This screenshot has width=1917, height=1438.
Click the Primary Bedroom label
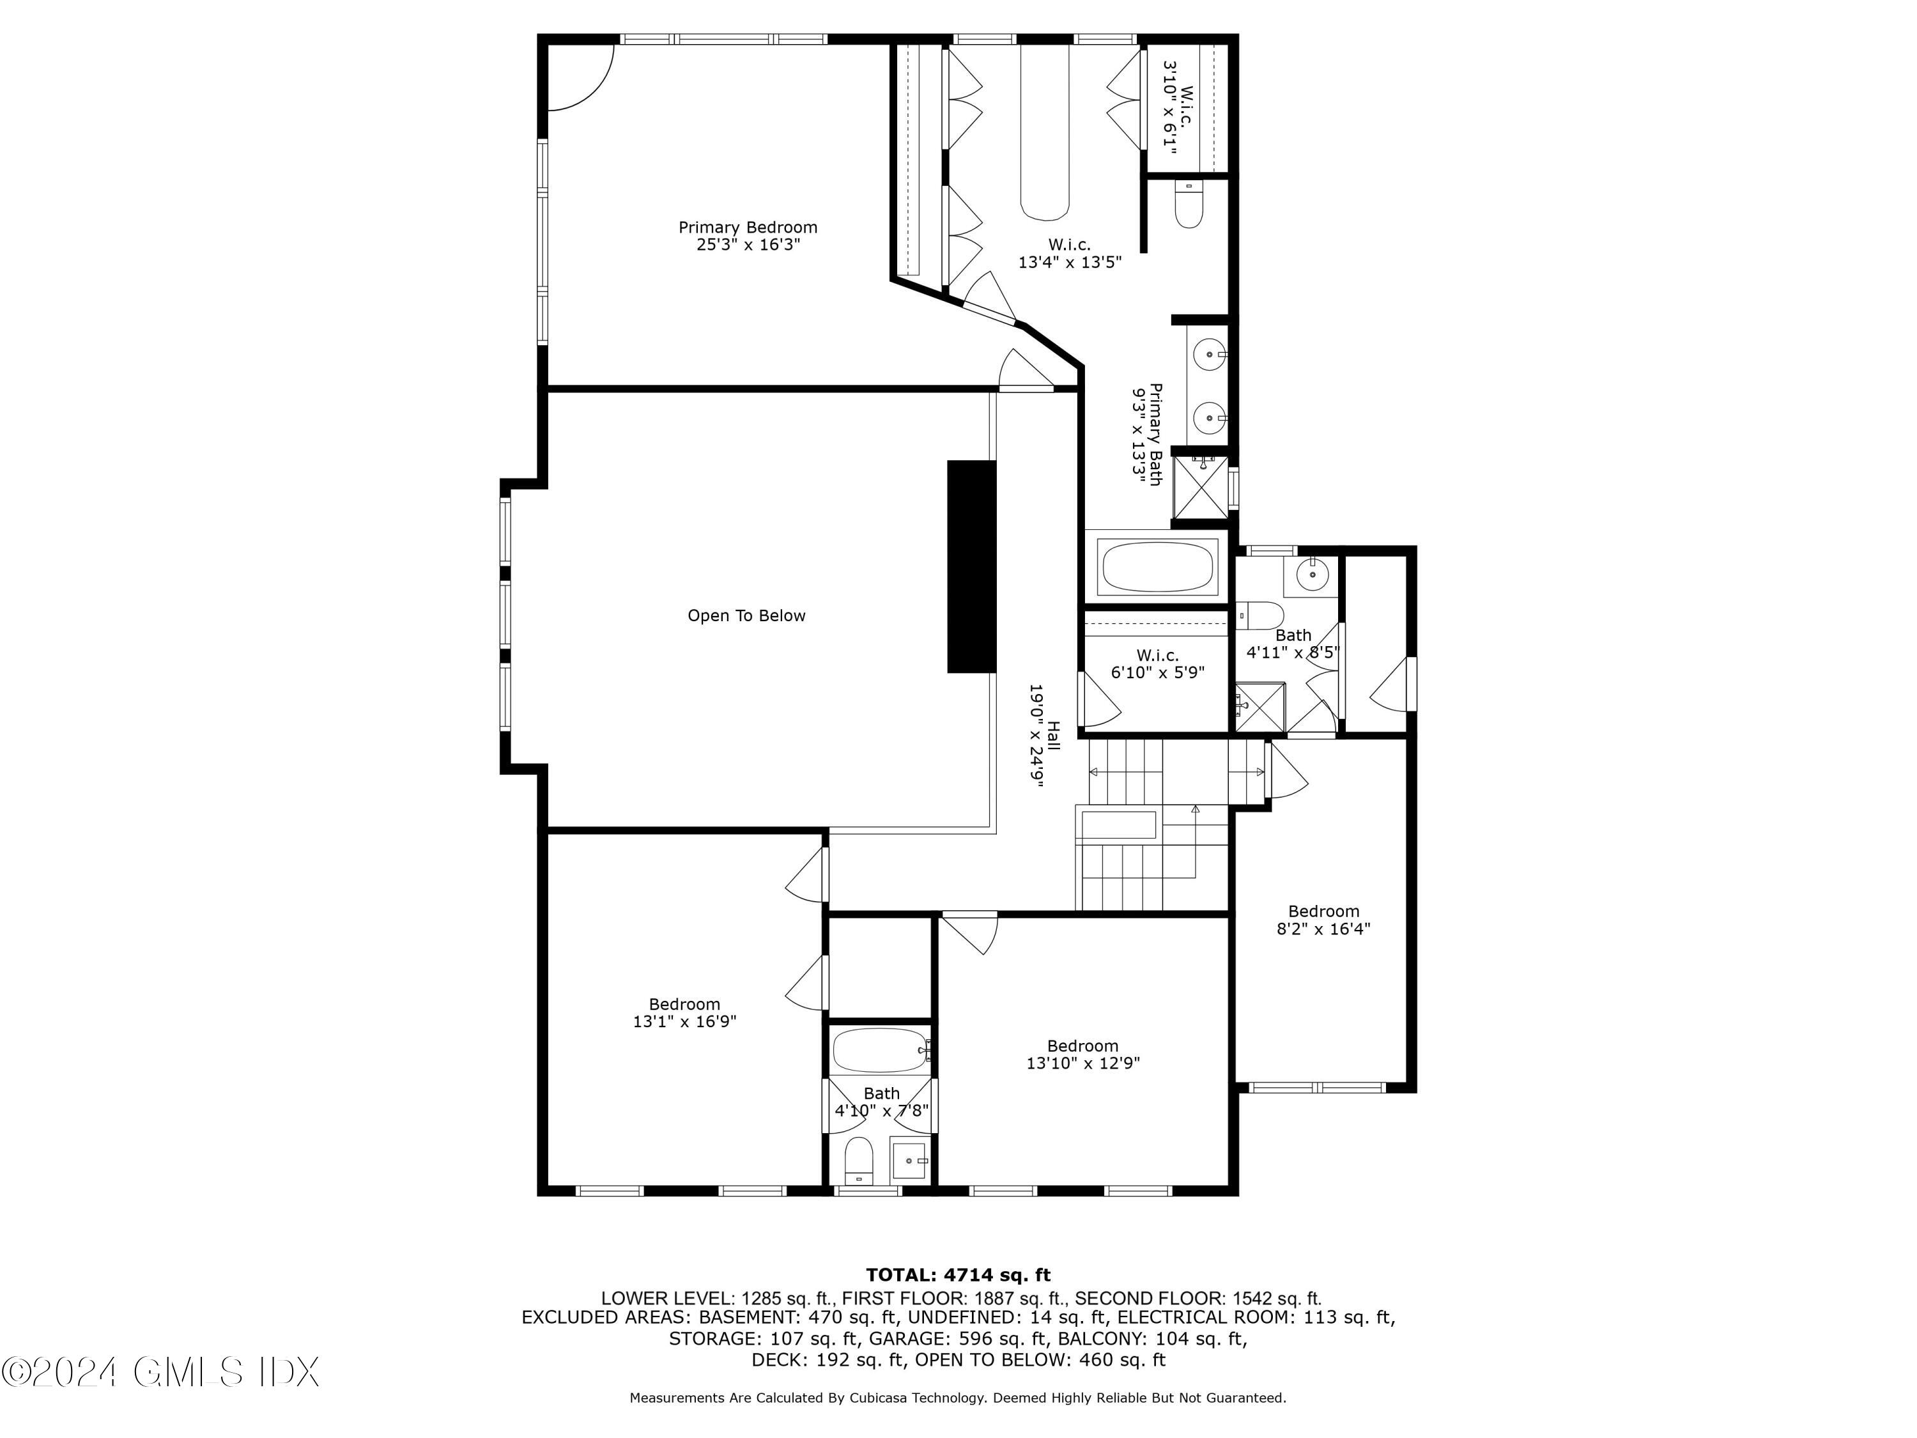[747, 227]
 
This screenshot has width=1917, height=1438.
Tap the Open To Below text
[746, 615]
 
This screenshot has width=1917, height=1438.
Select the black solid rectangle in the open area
[971, 566]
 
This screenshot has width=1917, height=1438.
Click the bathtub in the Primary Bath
[1157, 567]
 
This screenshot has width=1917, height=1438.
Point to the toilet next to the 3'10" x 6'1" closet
[1188, 206]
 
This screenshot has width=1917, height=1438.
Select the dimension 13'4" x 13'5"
[1070, 262]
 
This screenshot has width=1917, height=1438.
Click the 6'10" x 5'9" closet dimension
[1157, 672]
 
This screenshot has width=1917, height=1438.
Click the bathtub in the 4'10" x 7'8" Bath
[880, 1051]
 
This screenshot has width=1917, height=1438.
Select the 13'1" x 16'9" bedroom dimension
[684, 1021]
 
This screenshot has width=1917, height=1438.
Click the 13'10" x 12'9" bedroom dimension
[1082, 1063]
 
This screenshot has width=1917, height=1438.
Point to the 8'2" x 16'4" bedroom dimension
[1323, 929]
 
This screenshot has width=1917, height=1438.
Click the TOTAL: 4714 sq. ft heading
[958, 1275]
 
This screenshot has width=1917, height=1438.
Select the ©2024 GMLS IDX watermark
[160, 1372]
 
